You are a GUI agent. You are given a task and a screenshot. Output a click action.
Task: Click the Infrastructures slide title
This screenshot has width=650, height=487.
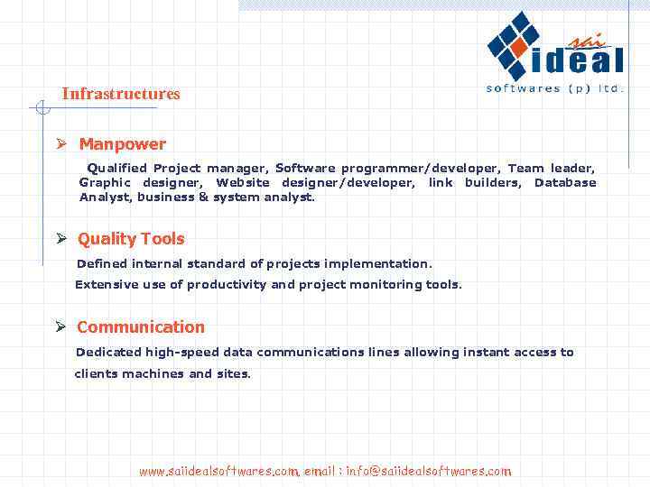pyautogui.click(x=121, y=94)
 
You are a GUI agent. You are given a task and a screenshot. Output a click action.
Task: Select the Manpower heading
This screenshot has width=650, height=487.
pyautogui.click(x=122, y=144)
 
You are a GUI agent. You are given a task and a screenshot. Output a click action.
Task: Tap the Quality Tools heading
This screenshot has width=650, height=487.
pyautogui.click(x=131, y=239)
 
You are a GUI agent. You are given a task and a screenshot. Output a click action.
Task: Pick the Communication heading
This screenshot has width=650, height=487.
pyautogui.click(x=141, y=327)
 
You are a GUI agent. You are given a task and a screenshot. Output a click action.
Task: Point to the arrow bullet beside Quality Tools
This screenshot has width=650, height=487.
pyautogui.click(x=61, y=239)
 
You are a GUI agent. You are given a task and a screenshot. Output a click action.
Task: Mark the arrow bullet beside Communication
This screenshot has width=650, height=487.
pyautogui.click(x=61, y=326)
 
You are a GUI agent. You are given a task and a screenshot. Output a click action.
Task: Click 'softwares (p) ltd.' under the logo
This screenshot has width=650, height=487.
pyautogui.click(x=554, y=88)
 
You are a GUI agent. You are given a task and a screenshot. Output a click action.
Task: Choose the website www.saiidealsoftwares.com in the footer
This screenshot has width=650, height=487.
pyautogui.click(x=218, y=471)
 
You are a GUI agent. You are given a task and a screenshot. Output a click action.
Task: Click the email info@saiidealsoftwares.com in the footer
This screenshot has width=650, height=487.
pyautogui.click(x=429, y=471)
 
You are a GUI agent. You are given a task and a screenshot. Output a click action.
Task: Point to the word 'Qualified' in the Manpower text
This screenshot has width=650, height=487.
pyautogui.click(x=117, y=169)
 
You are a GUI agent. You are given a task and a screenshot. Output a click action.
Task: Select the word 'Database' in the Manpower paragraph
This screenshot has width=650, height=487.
pyautogui.click(x=565, y=183)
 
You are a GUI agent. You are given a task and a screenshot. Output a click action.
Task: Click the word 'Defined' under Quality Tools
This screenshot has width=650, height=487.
pyautogui.click(x=102, y=264)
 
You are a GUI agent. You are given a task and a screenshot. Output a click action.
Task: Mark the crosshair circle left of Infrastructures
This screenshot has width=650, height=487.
pyautogui.click(x=41, y=108)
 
